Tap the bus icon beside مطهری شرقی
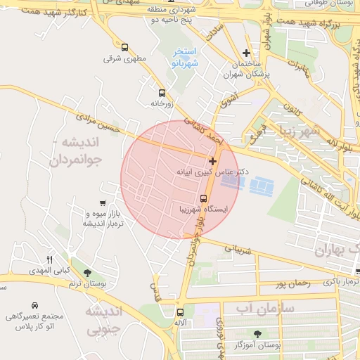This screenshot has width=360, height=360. click(x=124, y=48)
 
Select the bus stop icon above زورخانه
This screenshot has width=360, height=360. click(x=162, y=93)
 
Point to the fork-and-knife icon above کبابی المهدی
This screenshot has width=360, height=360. click(x=49, y=259)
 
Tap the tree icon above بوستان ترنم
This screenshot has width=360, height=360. click(x=87, y=273)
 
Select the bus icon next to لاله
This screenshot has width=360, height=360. click(x=181, y=312)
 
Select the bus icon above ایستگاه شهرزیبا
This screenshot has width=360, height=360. click(x=203, y=198)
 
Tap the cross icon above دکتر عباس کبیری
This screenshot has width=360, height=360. click(x=213, y=162)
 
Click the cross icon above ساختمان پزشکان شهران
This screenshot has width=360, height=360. click(x=246, y=53)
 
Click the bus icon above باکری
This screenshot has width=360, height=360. click(x=356, y=271)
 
